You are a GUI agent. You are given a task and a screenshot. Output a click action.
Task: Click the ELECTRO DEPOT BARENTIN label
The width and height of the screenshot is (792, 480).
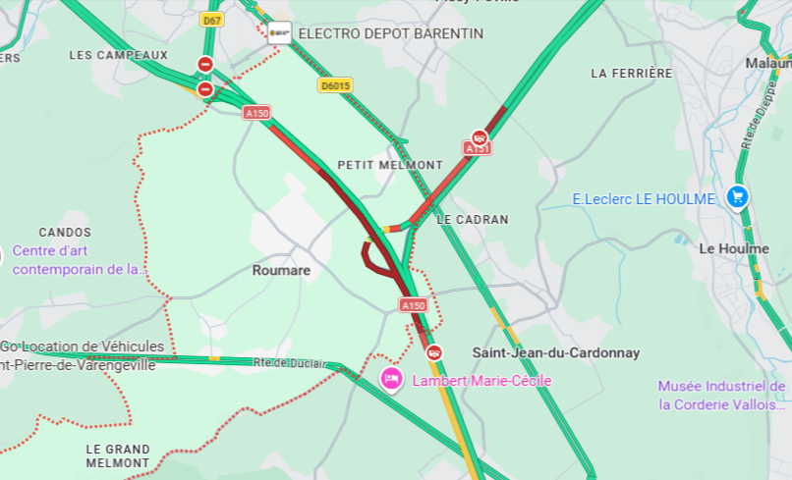coord(390,33)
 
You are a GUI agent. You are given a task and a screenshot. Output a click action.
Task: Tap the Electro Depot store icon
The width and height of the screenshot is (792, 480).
coord(280,32)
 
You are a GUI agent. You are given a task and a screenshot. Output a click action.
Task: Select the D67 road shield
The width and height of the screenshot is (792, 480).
coord(210,20)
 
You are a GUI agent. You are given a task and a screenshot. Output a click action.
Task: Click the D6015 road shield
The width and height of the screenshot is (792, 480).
coord(335,85)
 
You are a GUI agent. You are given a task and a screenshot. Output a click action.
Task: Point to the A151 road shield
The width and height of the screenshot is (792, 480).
coord(478,148)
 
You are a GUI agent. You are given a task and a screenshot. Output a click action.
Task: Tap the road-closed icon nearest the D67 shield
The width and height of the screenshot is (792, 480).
coord(204,64)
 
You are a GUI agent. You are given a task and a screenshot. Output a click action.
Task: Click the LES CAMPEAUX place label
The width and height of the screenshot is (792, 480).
coord(118,55)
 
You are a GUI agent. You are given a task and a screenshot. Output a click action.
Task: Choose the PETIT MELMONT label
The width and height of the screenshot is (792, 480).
coord(390,165)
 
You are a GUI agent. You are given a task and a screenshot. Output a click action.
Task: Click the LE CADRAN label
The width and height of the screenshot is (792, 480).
coord(473,220)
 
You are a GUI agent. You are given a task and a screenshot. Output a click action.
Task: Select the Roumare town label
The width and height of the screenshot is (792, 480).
coord(281,270)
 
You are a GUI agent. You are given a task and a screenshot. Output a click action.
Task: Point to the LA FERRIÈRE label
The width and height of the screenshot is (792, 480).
coord(632,74)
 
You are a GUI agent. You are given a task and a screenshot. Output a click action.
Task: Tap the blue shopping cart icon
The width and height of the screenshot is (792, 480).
coord(736,197)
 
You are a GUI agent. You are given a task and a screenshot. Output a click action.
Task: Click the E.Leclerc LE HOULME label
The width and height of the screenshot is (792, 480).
coord(644,199)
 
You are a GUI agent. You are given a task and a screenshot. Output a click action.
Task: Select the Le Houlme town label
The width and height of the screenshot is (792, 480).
coord(733,248)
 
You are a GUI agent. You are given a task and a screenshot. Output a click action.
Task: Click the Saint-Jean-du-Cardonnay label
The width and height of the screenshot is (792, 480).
coord(555,352)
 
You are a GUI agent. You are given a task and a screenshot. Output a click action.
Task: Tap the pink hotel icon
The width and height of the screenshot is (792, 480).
coord(391,378)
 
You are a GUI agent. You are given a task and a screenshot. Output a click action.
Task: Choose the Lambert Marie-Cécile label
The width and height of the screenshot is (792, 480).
coord(481,381)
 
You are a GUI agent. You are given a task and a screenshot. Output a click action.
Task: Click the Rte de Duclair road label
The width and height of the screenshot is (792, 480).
coord(290,363)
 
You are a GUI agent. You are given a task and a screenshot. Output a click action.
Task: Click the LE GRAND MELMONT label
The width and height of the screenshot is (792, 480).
coord(118,455)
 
